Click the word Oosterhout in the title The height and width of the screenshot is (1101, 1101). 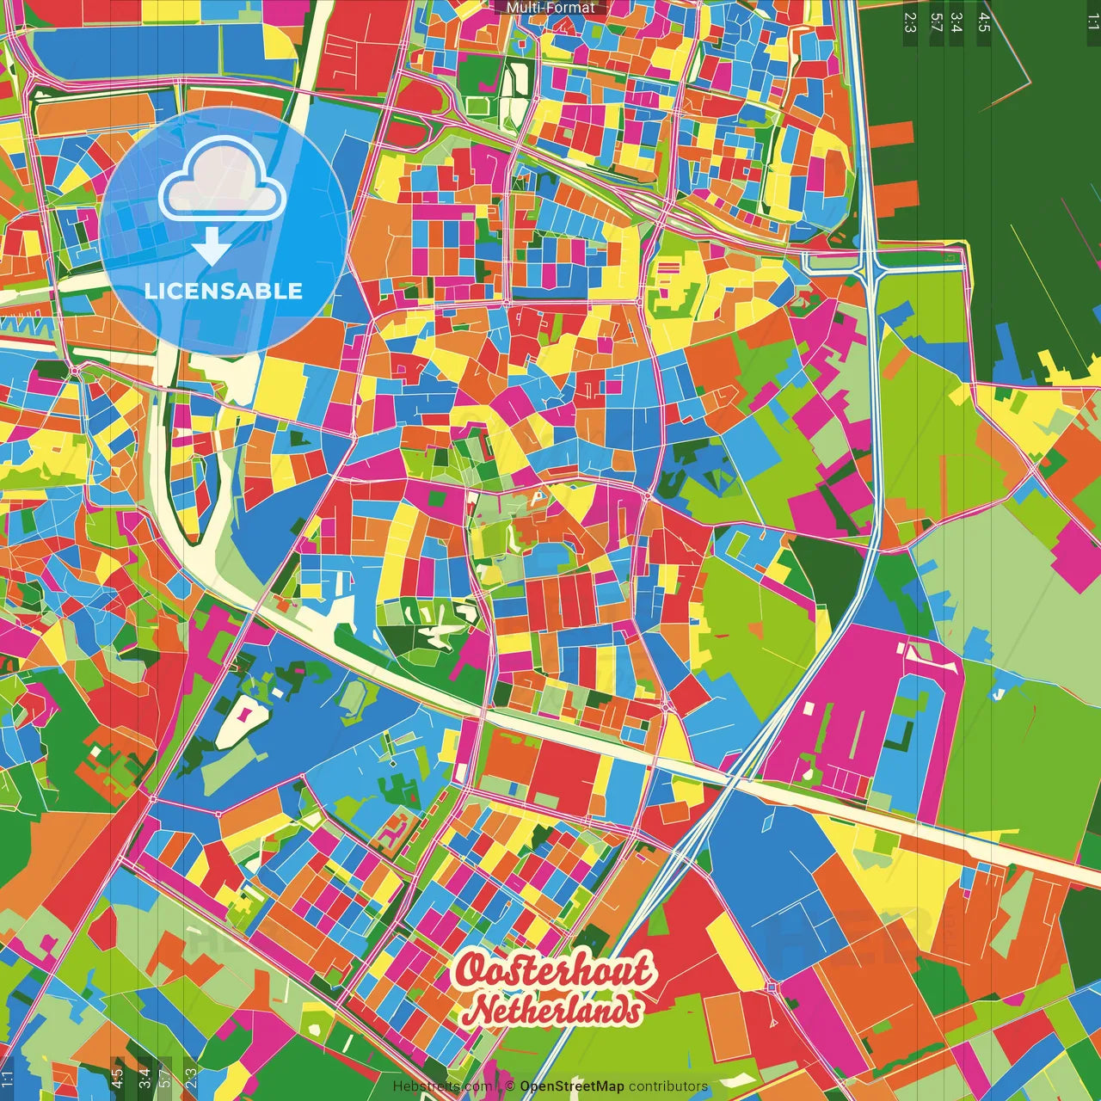click(x=553, y=970)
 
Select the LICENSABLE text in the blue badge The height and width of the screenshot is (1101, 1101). click(x=224, y=291)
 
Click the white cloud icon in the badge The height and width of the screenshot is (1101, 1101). click(x=223, y=187)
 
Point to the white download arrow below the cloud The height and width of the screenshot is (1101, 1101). click(x=211, y=246)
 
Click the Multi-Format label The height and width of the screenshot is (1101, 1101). click(x=550, y=8)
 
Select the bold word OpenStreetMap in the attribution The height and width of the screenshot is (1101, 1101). click(x=572, y=1086)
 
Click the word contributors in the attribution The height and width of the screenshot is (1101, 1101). click(x=668, y=1086)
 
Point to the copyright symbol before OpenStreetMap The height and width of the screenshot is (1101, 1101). click(x=510, y=1086)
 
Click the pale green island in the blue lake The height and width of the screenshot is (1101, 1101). click(x=354, y=701)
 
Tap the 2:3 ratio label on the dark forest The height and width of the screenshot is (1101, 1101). click(x=910, y=22)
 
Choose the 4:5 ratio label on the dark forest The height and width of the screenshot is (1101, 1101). click(x=984, y=22)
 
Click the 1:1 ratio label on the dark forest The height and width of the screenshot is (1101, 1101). click(x=1092, y=22)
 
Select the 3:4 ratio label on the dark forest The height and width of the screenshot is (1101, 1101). click(x=956, y=22)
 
